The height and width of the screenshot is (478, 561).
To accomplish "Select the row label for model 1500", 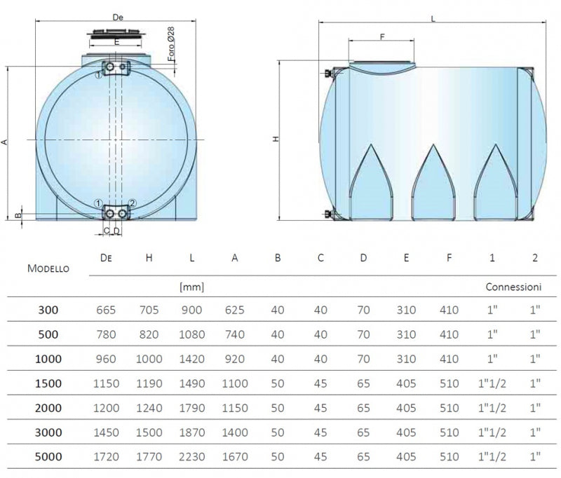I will point(48,383).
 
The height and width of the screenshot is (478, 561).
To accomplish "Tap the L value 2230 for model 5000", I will point(191,457).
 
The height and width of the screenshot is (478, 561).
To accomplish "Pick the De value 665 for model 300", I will point(106,310).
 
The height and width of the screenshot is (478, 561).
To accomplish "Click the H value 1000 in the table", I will point(149,359).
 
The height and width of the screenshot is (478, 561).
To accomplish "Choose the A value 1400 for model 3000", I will point(235,432).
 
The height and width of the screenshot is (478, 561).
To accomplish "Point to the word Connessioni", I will point(513,287).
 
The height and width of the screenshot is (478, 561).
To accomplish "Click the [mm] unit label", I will point(191,287).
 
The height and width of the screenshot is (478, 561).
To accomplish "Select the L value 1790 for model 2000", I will point(191,408).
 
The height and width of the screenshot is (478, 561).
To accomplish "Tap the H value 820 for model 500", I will point(149,334).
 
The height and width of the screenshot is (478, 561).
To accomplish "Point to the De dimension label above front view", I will point(117,16).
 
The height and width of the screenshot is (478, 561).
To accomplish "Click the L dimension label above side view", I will point(433,20).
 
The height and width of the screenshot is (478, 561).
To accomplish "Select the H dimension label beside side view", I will point(276,139).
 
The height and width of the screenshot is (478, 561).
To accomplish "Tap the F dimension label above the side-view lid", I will point(382,36).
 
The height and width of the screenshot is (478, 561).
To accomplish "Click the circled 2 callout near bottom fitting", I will point(133,203).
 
